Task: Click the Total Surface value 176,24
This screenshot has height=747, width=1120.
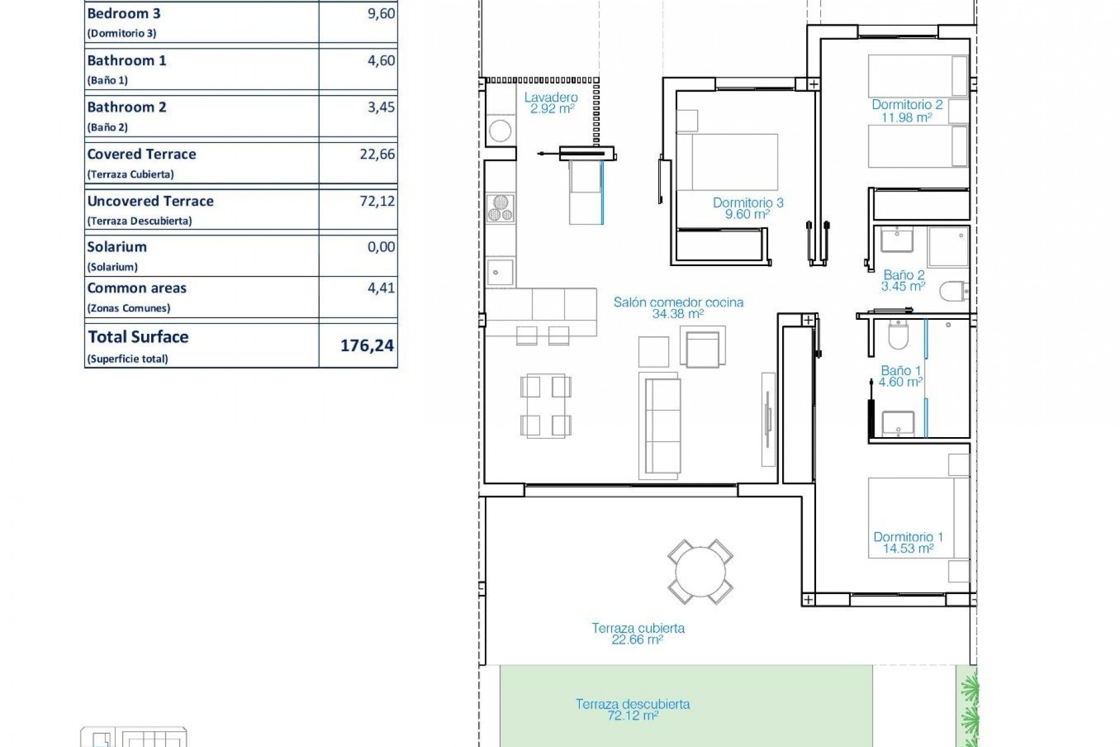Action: click(x=367, y=345)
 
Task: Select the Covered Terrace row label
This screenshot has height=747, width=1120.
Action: click(x=142, y=155)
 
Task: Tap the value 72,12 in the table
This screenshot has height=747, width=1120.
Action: click(x=377, y=201)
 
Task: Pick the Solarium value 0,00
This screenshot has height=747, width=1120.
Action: click(x=381, y=247)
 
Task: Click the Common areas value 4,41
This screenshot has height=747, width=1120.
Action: click(x=381, y=288)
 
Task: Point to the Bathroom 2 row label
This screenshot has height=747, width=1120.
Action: click(x=127, y=108)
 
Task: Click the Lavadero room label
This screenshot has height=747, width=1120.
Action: click(x=551, y=98)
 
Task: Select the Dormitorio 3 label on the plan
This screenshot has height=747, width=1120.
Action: click(x=748, y=203)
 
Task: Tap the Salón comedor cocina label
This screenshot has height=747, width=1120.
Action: click(x=678, y=302)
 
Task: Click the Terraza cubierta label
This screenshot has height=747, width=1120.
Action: click(x=638, y=629)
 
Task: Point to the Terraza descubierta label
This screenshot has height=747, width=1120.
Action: click(x=633, y=704)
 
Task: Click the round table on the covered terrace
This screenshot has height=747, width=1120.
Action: click(x=700, y=572)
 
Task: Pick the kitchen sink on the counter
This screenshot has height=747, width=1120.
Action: click(x=500, y=273)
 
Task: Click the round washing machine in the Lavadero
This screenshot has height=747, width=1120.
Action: click(x=500, y=131)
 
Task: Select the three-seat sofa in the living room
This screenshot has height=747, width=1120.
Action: click(x=659, y=426)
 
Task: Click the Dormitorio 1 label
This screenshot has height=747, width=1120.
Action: click(x=908, y=537)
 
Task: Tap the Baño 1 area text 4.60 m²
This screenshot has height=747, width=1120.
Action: click(x=901, y=382)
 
